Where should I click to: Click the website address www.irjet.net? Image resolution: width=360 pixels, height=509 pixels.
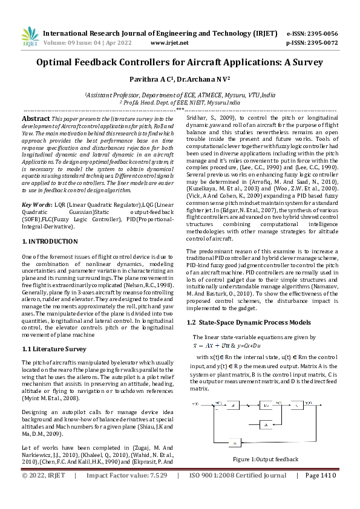pos(167,43)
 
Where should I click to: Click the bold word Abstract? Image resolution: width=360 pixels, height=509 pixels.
pos(36,119)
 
